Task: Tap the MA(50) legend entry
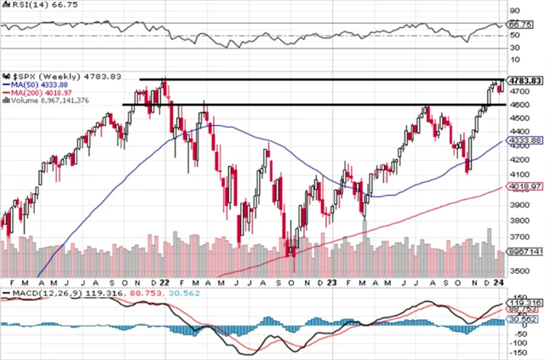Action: click(x=33, y=83)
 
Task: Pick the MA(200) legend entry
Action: click(x=36, y=92)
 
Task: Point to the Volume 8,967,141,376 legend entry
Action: click(x=47, y=100)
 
